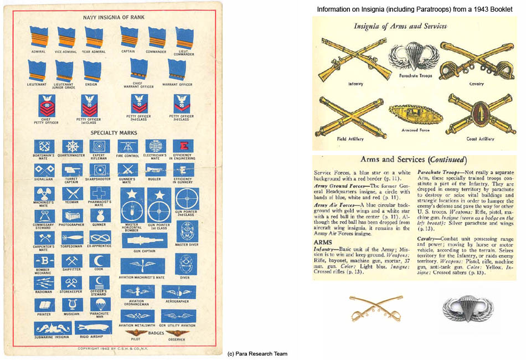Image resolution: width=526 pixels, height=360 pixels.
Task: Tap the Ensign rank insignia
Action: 92,71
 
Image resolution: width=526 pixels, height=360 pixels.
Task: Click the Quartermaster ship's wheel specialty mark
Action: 73,146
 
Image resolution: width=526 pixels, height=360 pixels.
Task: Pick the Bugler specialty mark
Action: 156,170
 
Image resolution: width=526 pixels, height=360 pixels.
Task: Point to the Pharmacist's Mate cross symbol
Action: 100,193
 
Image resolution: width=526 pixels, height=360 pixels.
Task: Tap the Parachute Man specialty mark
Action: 100,305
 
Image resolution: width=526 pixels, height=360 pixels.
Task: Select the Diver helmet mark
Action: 185,265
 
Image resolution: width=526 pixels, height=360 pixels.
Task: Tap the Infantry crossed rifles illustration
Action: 347,59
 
